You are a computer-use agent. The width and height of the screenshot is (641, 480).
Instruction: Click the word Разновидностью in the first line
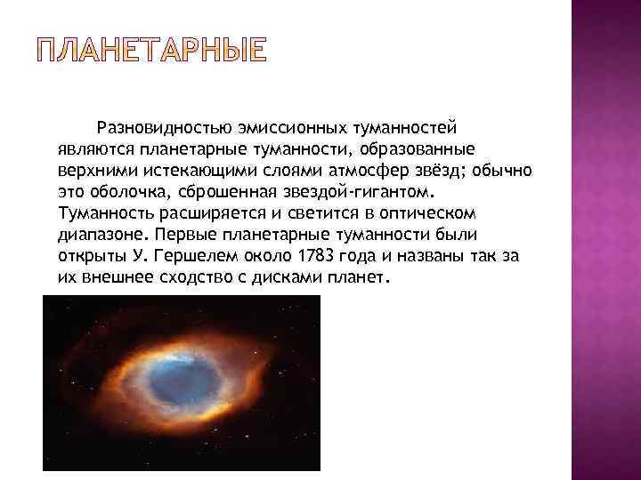click(165, 129)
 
